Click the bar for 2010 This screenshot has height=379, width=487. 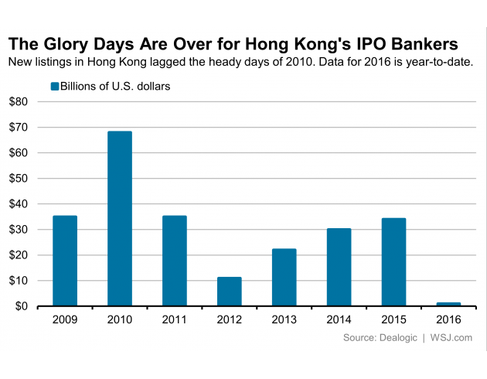click(120, 219)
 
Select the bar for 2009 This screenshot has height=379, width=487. click(65, 261)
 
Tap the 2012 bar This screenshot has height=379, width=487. click(230, 291)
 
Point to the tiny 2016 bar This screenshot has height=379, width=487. click(448, 304)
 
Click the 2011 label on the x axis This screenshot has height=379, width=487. click(175, 319)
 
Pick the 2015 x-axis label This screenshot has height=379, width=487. click(394, 319)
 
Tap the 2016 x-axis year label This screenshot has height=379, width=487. click(448, 319)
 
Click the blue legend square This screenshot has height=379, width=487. click(54, 86)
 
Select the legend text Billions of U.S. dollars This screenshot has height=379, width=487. click(115, 86)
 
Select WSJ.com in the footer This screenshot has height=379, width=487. click(451, 338)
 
